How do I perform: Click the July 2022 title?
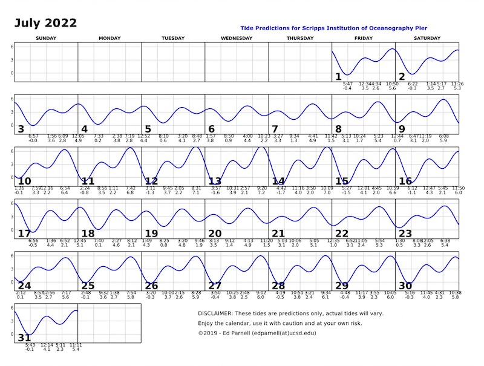coord(46,24)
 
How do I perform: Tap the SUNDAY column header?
coord(47,39)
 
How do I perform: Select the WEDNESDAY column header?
coord(237,39)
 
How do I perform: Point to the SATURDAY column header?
coord(427,39)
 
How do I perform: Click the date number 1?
coord(338,76)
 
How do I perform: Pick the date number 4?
coord(85,129)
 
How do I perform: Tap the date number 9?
coord(402,129)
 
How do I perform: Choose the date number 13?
coord(215,181)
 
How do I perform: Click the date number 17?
coord(24,234)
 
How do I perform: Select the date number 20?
coord(215,234)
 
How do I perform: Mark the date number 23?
coord(405,234)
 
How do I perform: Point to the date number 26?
coord(151,286)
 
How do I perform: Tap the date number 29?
coord(342,286)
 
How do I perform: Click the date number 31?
coord(24,338)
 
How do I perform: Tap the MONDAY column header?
coord(110,39)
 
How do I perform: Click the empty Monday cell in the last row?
coord(110,324)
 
